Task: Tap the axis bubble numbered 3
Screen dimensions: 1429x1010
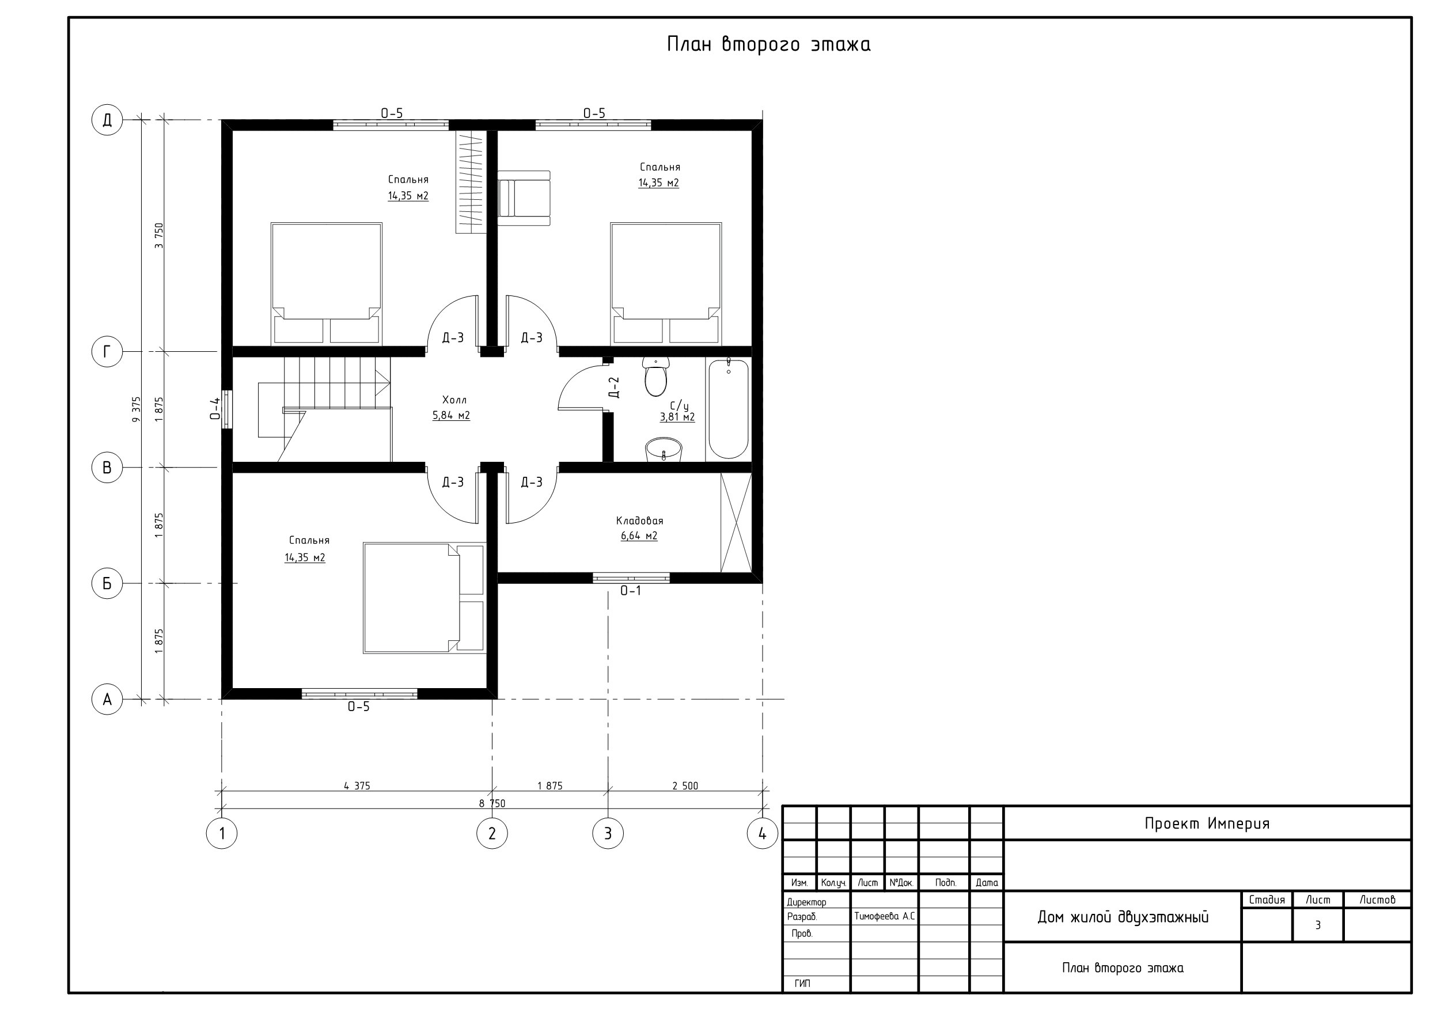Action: [x=608, y=833]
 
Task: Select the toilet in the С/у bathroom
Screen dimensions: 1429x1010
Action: [x=655, y=377]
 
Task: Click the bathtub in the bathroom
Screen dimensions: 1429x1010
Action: [x=728, y=409]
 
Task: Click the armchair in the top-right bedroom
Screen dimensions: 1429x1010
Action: [x=525, y=198]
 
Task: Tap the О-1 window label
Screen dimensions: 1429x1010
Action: [x=631, y=591]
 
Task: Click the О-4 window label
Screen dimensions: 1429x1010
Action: [x=215, y=409]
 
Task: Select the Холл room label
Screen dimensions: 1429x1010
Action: [x=454, y=400]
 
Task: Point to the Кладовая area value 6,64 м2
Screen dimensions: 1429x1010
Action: [x=639, y=536]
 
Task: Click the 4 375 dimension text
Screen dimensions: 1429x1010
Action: [x=357, y=786]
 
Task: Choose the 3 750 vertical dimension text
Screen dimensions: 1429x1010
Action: [x=159, y=236]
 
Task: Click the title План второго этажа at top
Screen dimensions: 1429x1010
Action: [x=769, y=44]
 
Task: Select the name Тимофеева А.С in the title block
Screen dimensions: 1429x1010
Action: [x=884, y=917]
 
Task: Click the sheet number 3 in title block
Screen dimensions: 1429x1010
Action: [x=1318, y=925]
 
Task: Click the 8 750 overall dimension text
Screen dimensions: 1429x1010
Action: [x=492, y=803]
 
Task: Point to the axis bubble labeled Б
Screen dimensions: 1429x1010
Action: [x=107, y=583]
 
